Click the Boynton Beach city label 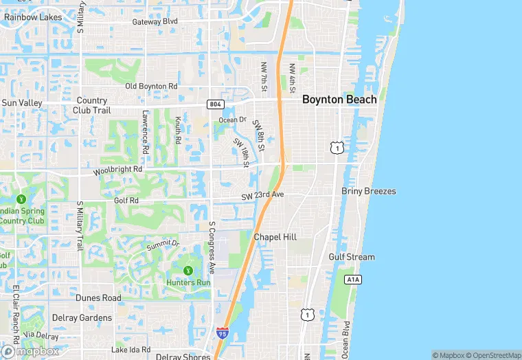pos(339,100)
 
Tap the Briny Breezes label pos(369,191)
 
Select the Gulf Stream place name pos(352,257)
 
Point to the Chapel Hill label pos(275,237)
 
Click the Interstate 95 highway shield pos(222,333)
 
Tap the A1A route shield pos(352,280)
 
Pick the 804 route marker pos(214,104)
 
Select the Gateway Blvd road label pos(155,21)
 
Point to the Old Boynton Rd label pos(151,87)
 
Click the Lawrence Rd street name pos(146,132)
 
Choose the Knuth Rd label pos(177,130)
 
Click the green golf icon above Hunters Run pos(188,269)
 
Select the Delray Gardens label pos(82,318)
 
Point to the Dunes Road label pos(98,298)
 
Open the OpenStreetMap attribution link pos(493,355)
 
